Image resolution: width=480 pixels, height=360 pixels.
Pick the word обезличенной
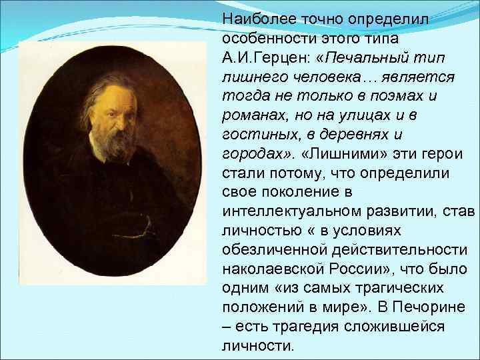(265, 249)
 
